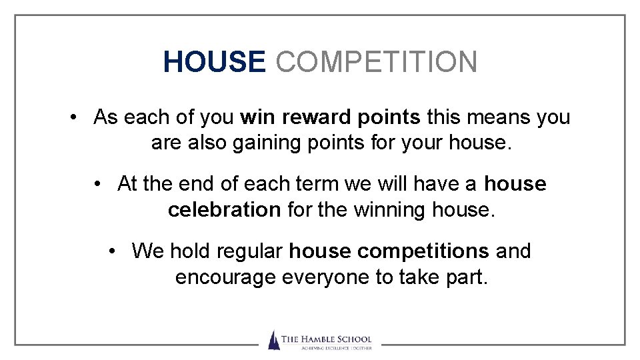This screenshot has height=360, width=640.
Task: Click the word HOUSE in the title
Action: point(214,62)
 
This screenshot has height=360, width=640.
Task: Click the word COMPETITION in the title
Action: point(377,62)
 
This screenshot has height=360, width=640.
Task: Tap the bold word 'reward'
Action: point(318,117)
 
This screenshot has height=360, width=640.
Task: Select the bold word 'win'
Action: point(258,117)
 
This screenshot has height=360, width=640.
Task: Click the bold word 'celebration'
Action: point(224,209)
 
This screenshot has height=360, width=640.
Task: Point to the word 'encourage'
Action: point(225,277)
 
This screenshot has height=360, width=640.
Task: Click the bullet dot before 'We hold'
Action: point(115,251)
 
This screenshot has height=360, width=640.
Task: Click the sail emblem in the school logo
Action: point(273,340)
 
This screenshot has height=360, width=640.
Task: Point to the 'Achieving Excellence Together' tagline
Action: point(326,347)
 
